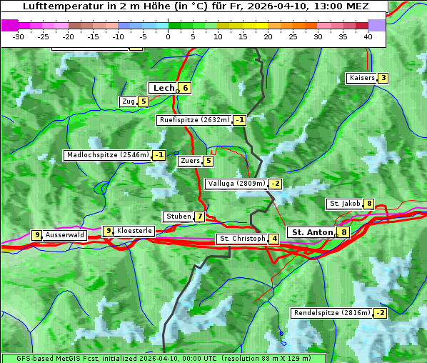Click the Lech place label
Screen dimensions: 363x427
164,88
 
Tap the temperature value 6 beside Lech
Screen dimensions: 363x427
185,88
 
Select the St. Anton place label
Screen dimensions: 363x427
312,232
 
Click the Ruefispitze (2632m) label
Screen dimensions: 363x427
194,120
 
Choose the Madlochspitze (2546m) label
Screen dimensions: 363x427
107,155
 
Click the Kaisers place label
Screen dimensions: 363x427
361,78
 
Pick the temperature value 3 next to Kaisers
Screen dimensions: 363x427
383,78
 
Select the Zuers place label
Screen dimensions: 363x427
190,161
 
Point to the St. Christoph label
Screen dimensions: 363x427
242,239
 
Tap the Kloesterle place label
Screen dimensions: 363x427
134,231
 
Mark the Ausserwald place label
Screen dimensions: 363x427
65,235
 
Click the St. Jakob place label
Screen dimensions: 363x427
344,204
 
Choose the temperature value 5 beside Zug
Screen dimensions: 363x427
143,101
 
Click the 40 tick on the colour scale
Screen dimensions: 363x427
368,36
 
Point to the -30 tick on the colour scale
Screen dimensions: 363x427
19,36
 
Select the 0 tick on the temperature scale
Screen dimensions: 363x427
168,36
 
